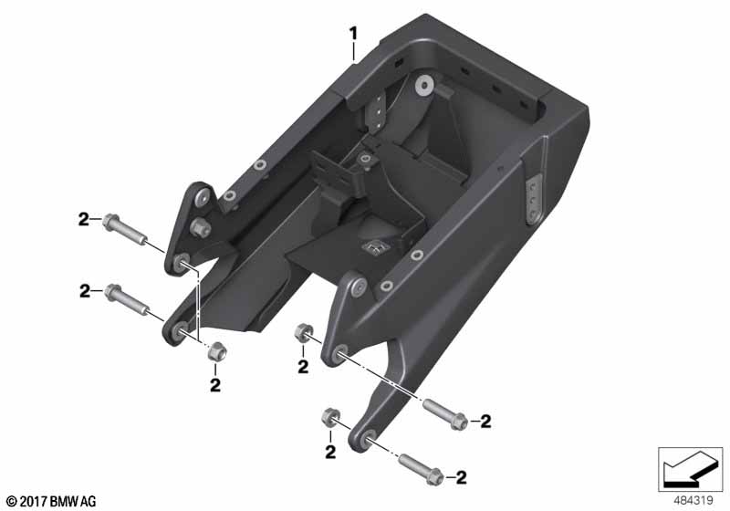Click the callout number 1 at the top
coord(354,34)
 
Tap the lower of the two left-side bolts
coord(127,300)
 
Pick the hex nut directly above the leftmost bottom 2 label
coord(216,351)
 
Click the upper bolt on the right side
coord(444,413)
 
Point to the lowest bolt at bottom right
coord(421,469)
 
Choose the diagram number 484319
coord(693,501)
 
